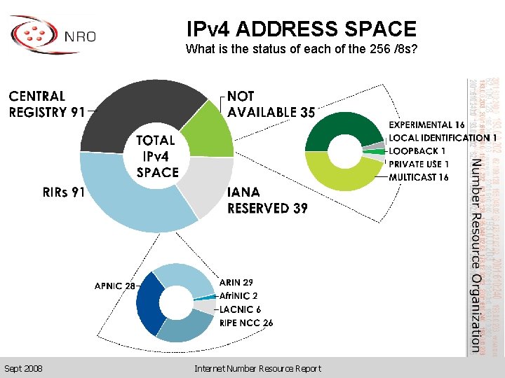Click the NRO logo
[53, 35]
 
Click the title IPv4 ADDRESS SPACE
[302, 29]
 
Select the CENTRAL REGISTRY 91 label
[47, 104]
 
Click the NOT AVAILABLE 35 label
[271, 104]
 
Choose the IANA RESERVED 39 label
[267, 200]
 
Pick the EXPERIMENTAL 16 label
[426, 125]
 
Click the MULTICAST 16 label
[419, 177]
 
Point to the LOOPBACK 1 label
[417, 151]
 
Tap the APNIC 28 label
[115, 286]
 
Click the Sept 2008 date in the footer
[22, 368]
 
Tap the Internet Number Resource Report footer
[257, 368]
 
